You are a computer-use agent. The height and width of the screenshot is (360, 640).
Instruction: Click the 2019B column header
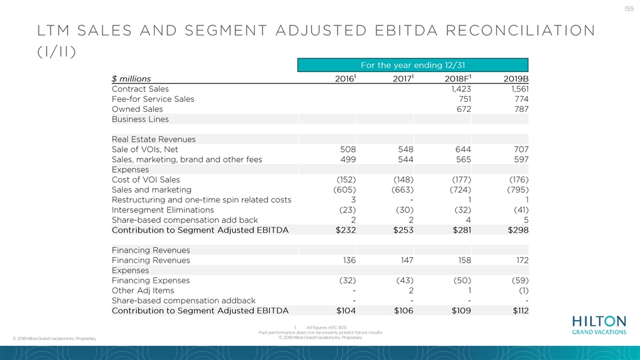coord(516,79)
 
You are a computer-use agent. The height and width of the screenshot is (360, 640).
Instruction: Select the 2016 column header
coord(345,79)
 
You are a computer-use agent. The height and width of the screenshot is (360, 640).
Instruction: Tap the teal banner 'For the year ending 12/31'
coord(413,65)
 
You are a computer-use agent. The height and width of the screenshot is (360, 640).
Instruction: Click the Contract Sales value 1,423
coord(461,89)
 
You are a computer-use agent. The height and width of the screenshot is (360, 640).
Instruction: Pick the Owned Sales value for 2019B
coord(521,109)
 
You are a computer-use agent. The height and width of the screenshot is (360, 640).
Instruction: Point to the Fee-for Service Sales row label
coord(153,99)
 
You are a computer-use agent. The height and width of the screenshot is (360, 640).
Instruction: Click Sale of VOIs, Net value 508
coord(348,149)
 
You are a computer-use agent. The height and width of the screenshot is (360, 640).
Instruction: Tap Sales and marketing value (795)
coord(519,190)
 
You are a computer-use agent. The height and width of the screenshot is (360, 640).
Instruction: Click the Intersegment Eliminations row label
coord(163,210)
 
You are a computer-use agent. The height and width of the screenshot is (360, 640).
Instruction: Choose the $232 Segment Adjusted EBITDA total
coord(346,230)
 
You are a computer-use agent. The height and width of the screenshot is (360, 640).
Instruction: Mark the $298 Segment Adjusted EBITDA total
coord(519,230)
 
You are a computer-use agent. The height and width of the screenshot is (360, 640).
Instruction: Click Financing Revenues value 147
coord(407,261)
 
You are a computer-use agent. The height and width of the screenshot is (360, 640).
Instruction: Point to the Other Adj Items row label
coord(143,291)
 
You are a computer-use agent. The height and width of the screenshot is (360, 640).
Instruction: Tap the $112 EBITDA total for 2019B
coord(521,311)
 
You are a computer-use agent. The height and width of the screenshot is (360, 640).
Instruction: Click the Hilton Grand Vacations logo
coord(599,325)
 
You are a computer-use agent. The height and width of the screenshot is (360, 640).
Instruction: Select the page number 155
coord(629,9)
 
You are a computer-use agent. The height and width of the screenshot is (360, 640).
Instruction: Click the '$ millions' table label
coord(131,79)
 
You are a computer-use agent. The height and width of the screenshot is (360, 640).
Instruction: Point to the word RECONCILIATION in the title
coord(521,31)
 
